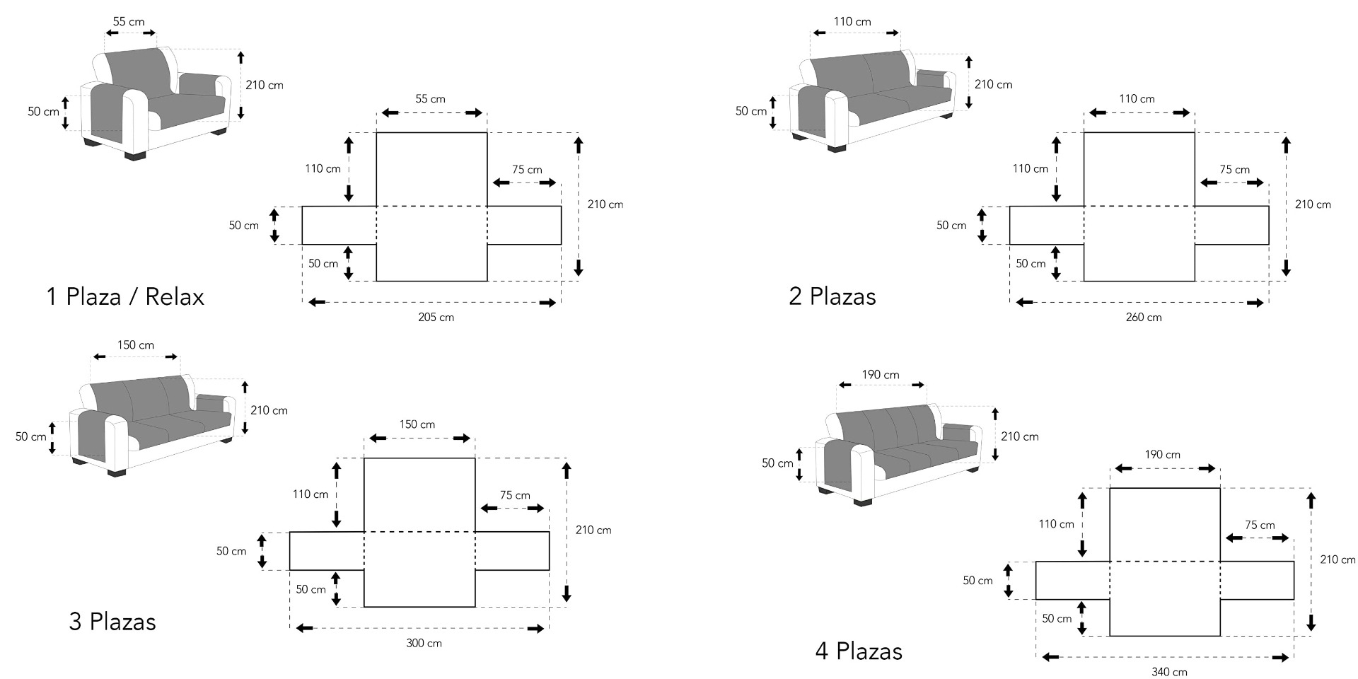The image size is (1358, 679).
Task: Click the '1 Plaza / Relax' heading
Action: tap(125, 296)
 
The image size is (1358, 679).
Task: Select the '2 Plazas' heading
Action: tap(832, 296)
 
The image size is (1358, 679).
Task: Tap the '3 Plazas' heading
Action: tap(112, 622)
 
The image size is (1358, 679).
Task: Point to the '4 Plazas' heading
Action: tap(859, 651)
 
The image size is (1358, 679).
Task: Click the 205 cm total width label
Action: tap(436, 318)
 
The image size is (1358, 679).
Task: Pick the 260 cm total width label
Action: tap(1144, 318)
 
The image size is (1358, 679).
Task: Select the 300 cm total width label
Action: tap(424, 643)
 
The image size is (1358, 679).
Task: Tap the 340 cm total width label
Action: tap(1170, 672)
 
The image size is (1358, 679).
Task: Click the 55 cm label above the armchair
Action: tap(129, 22)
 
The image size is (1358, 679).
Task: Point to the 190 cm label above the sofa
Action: tap(881, 375)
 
